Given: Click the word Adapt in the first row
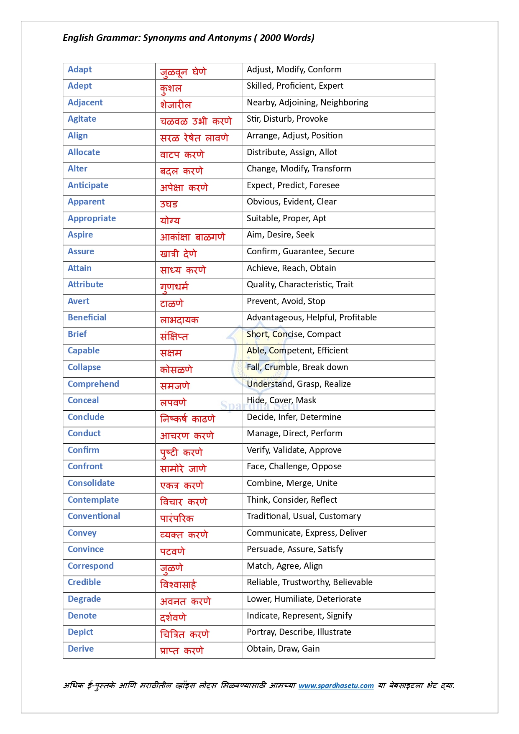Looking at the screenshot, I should [x=80, y=70].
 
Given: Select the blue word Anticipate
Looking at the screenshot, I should [x=88, y=186].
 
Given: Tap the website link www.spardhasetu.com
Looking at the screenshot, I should [x=336, y=685].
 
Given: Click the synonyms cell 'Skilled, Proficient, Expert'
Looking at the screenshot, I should [x=295, y=86].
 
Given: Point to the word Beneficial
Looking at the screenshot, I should [x=87, y=318].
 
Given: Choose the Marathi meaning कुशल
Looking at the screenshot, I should [x=171, y=88].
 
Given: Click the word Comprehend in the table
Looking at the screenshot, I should [x=93, y=384].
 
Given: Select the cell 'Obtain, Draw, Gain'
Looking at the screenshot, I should [x=283, y=649].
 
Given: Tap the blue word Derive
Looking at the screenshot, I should [x=81, y=649].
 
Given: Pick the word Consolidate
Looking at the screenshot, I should [x=91, y=483].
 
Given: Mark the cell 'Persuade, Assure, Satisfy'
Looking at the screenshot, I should [x=295, y=550].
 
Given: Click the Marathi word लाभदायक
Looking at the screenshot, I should [x=179, y=320].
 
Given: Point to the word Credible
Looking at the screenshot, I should [x=84, y=583].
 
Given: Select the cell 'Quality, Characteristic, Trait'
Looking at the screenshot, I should [x=300, y=285].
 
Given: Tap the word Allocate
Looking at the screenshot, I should [x=84, y=153].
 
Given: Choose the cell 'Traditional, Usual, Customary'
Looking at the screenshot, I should [x=304, y=517].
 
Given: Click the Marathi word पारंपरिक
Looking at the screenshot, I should [x=177, y=519].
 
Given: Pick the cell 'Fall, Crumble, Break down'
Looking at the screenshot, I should [x=297, y=368].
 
